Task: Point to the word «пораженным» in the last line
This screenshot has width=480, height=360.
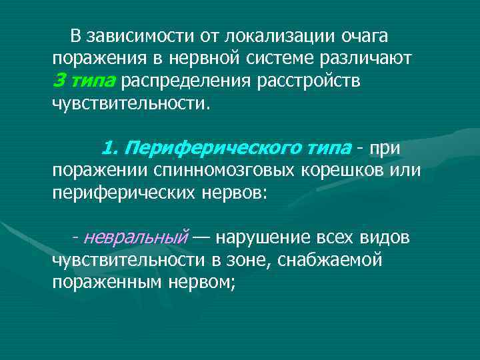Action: (107, 283)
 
